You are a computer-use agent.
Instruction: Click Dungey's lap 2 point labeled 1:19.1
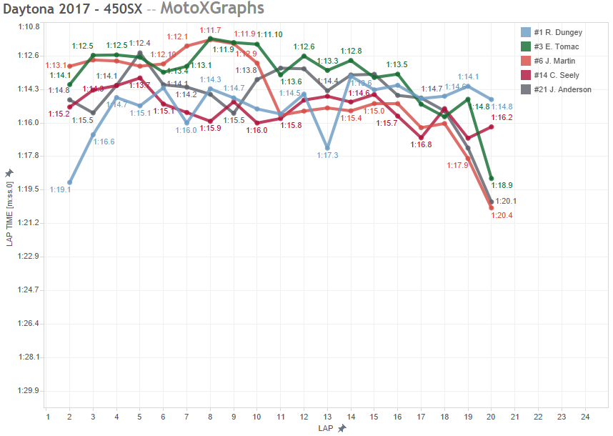(x=69, y=182)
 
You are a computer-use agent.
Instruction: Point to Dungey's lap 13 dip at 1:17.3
(x=327, y=148)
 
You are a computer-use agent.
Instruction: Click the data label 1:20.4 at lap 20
(x=501, y=215)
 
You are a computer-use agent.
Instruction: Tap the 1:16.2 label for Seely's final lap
(x=502, y=117)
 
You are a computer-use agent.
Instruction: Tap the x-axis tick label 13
(x=327, y=416)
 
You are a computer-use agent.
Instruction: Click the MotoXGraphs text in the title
(x=212, y=9)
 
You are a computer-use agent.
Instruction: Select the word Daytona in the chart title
(x=26, y=9)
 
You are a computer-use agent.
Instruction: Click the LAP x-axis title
(x=327, y=427)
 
